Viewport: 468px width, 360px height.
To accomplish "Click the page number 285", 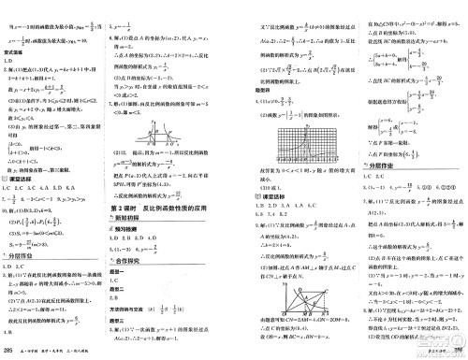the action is point(9,351).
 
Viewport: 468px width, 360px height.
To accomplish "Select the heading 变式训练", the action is point(20,54).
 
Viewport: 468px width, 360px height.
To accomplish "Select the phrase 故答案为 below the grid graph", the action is point(261,175).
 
